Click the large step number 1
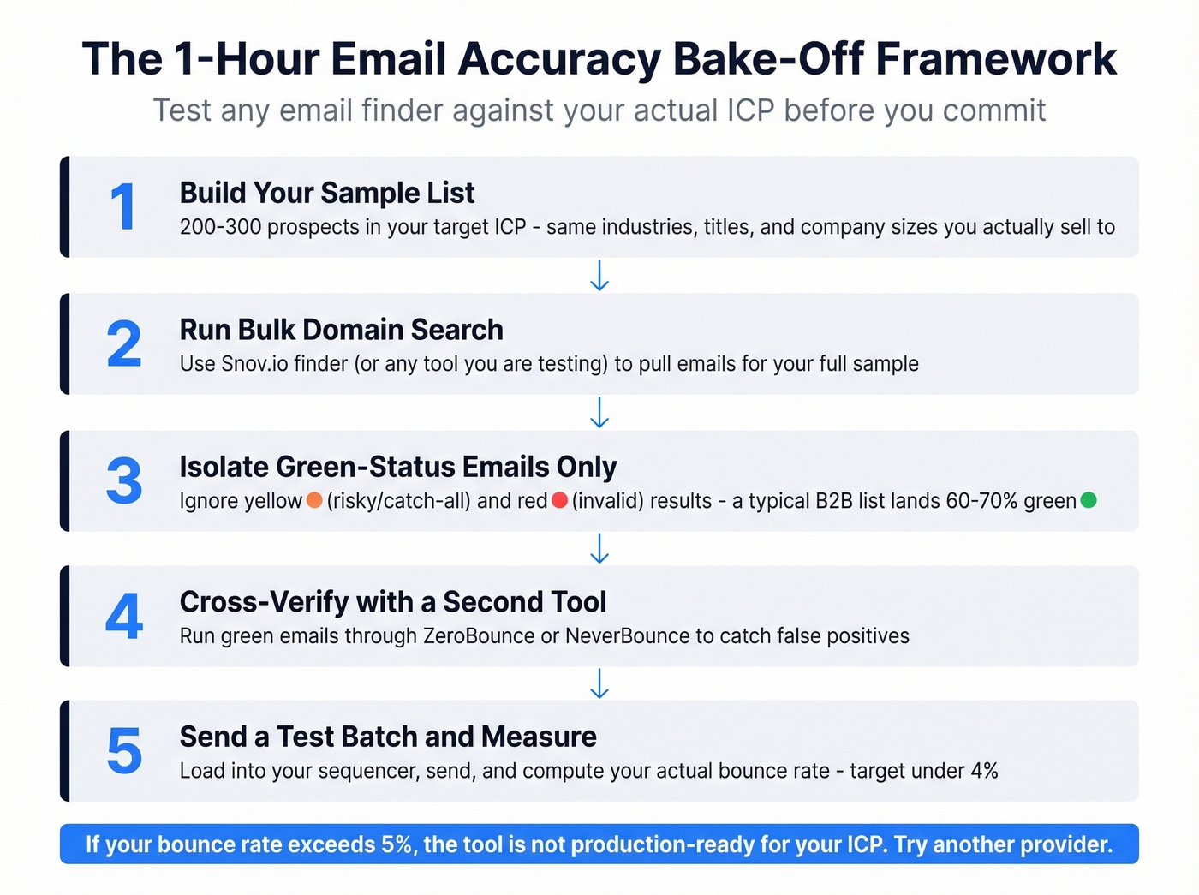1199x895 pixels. point(123,208)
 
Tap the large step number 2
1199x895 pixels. point(124,344)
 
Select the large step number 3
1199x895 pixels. point(124,481)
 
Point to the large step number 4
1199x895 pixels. point(124,617)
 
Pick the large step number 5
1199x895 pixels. point(124,752)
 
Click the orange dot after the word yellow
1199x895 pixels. point(314,500)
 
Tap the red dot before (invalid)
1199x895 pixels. point(559,500)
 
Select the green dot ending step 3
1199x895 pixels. point(1089,500)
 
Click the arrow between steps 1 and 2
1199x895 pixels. point(599,276)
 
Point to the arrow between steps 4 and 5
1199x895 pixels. point(599,683)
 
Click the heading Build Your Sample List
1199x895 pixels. point(326,193)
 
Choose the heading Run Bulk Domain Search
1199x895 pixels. point(341,330)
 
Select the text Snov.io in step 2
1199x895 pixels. point(254,364)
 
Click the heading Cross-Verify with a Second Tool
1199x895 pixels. point(392,602)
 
